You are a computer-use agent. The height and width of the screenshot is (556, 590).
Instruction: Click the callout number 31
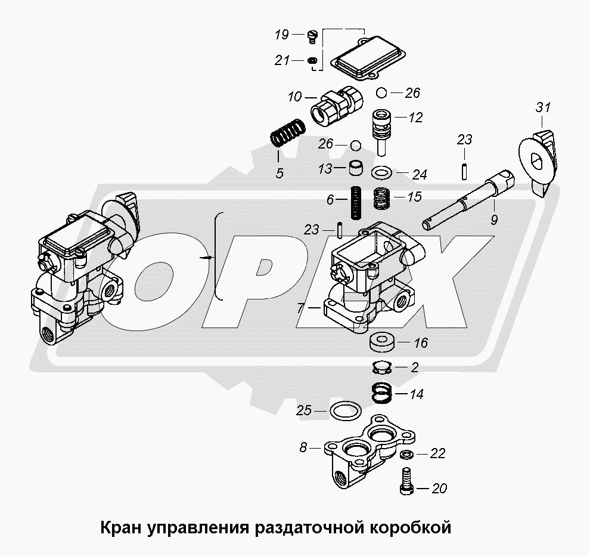pyautogui.click(x=542, y=108)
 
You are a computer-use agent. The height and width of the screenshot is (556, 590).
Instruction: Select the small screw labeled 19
pyautogui.click(x=313, y=36)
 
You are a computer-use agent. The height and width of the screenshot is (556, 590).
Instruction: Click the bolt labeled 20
pyautogui.click(x=408, y=480)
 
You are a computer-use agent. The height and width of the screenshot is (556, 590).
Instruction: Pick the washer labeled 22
pyautogui.click(x=406, y=454)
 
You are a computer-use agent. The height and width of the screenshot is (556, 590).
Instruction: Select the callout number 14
pyautogui.click(x=416, y=394)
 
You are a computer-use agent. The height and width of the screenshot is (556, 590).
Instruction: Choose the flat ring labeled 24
pyautogui.click(x=381, y=173)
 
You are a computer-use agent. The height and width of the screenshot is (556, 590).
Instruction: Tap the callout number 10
pyautogui.click(x=295, y=97)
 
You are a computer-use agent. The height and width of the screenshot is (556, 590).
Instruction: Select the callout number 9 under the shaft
pyautogui.click(x=494, y=220)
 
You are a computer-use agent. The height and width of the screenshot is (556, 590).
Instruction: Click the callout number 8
pyautogui.click(x=303, y=447)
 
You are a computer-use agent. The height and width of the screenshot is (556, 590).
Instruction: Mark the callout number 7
pyautogui.click(x=300, y=309)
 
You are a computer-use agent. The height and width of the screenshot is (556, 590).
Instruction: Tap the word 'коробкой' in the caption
pyautogui.click(x=411, y=528)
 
